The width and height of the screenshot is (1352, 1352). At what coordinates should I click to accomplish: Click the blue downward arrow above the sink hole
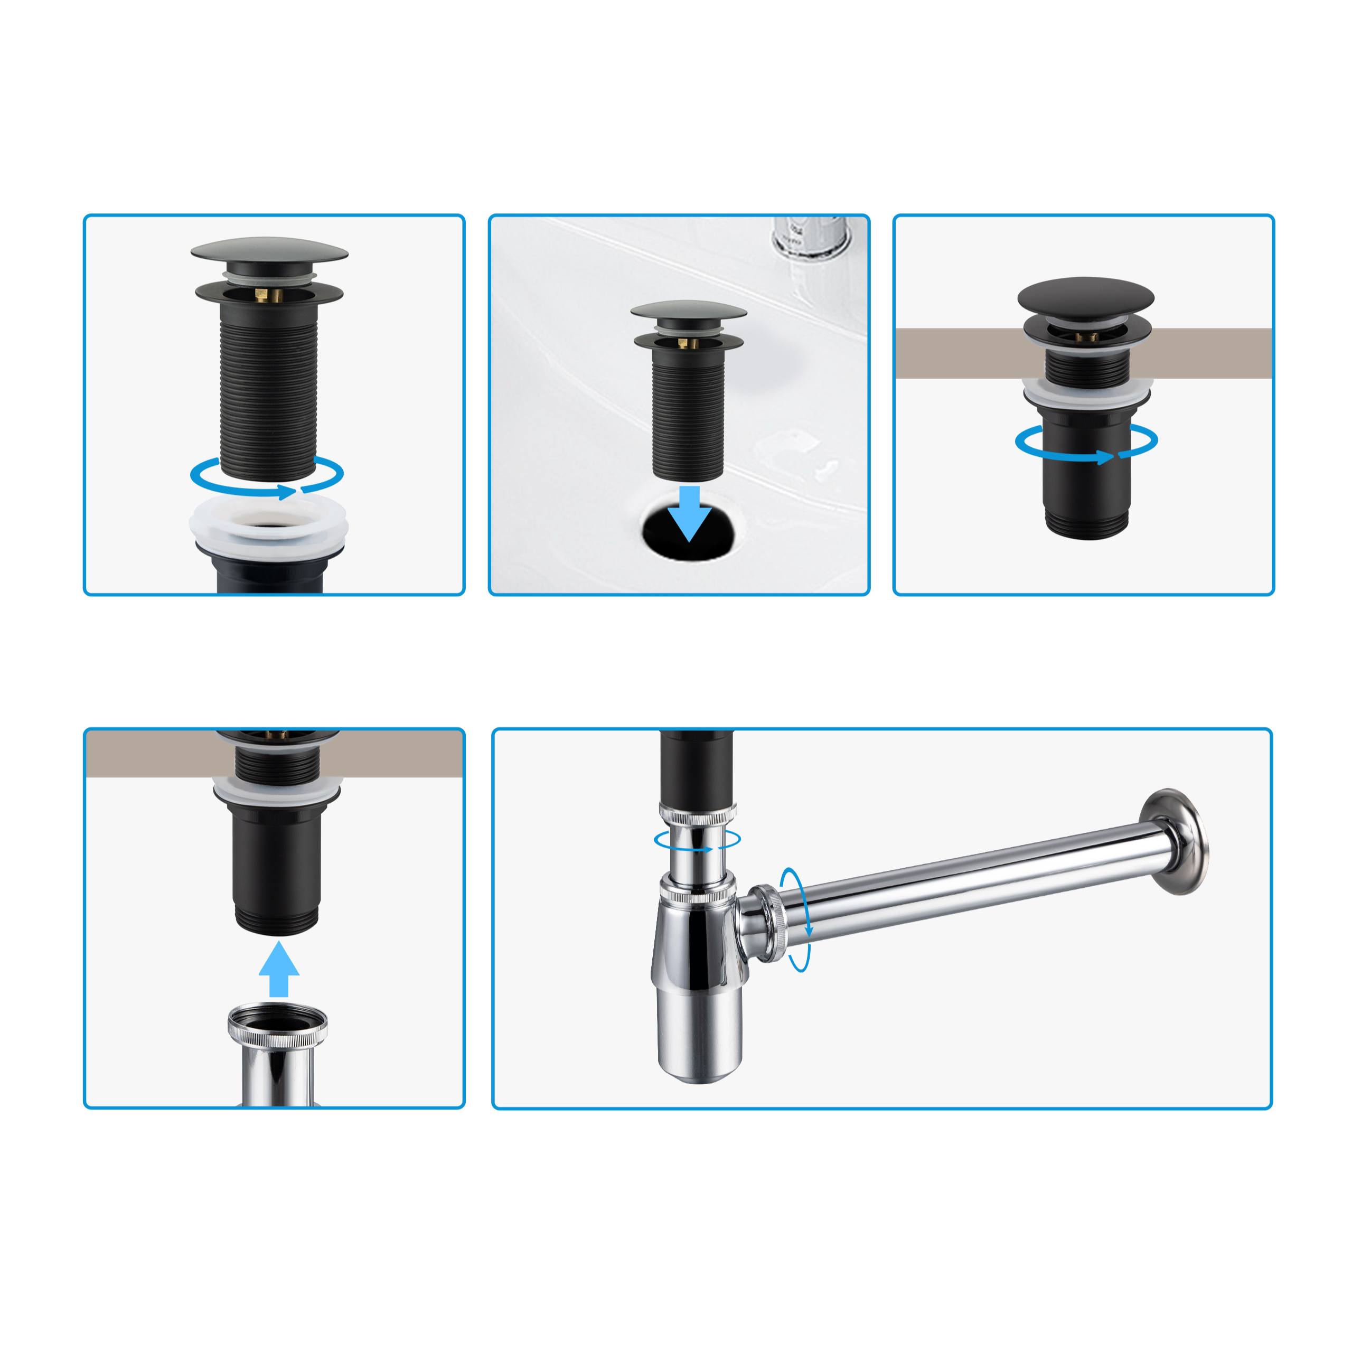689,515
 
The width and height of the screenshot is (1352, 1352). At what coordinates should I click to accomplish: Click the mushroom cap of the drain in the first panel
269,251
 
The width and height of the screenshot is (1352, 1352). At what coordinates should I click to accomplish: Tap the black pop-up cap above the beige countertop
1085,298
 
